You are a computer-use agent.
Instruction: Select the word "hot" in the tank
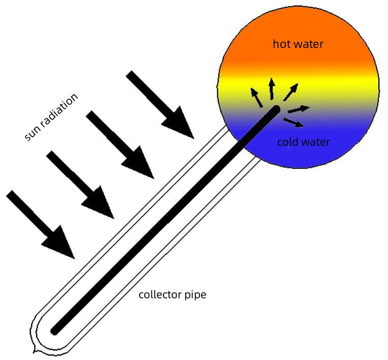tap(282, 44)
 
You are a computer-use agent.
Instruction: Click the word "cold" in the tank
tap(287, 142)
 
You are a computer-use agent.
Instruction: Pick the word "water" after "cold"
tap(315, 142)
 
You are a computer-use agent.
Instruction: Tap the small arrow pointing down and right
tap(294, 122)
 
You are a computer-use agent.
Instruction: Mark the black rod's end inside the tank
tap(276, 109)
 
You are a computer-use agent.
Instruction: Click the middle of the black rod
tap(165, 220)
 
